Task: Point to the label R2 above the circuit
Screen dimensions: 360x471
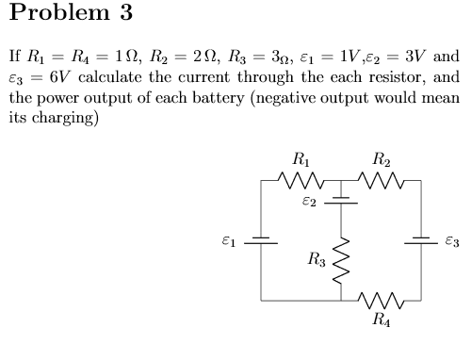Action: coord(382,158)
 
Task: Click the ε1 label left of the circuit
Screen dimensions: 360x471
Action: coord(227,239)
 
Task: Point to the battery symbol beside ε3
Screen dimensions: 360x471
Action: coord(420,239)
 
